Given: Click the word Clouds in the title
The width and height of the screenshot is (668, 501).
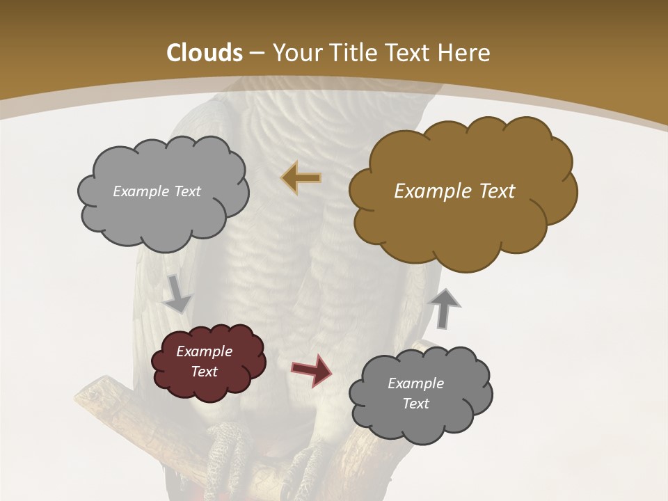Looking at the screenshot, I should point(205,53).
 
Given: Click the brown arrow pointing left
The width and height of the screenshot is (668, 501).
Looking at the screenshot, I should point(301,177).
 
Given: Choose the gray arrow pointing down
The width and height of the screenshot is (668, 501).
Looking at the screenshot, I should point(177,293).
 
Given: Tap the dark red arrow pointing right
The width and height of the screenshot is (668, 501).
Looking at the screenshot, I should point(312,369).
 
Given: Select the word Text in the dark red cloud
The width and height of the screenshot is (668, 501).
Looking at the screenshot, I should point(205,372).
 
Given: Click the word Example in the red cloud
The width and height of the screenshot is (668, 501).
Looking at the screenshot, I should point(205,351).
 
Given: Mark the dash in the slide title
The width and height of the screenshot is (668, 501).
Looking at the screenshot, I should point(257,53).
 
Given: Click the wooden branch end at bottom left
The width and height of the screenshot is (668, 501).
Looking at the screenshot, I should point(94,397).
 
